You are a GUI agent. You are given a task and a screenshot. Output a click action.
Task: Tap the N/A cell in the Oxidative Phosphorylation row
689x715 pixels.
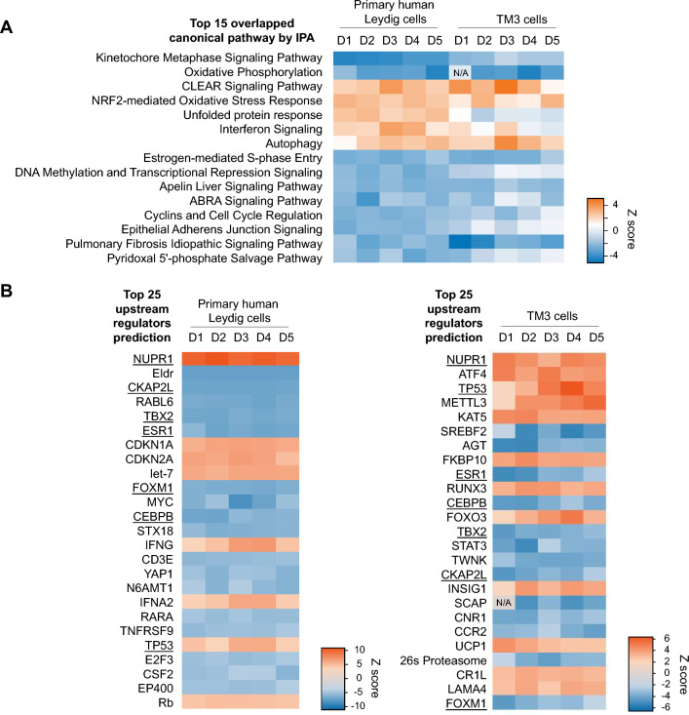(461, 72)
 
